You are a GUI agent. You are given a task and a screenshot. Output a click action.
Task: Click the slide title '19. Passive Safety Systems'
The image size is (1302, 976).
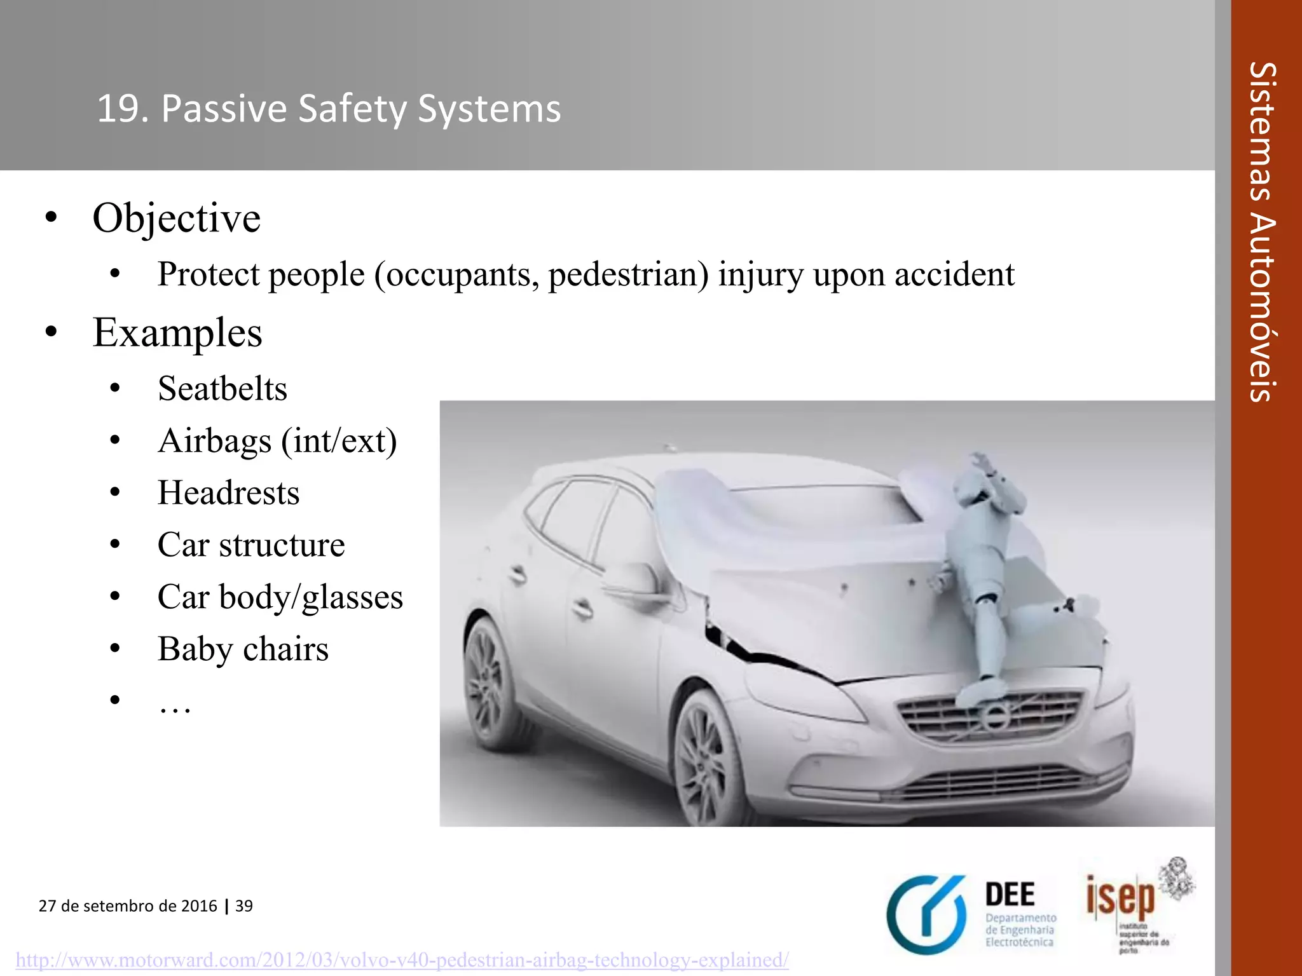(x=329, y=109)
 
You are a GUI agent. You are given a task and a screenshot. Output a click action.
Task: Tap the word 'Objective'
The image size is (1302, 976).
(x=176, y=218)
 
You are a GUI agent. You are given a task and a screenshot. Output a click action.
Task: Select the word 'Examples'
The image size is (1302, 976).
(x=177, y=332)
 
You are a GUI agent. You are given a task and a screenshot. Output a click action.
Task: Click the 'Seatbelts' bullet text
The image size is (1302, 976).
(x=223, y=388)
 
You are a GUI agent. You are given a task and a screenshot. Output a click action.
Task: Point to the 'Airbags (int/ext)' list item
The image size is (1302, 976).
(x=277, y=441)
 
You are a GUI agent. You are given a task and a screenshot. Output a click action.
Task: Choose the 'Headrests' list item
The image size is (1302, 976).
(x=228, y=492)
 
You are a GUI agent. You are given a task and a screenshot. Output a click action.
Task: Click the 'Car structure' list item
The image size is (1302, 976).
(x=251, y=545)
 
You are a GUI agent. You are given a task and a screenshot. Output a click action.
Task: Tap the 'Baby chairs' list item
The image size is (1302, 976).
(x=243, y=649)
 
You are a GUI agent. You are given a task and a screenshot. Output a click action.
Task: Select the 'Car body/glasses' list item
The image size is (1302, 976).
(x=280, y=597)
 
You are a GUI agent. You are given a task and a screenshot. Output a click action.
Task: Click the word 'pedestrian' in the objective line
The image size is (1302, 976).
(x=628, y=274)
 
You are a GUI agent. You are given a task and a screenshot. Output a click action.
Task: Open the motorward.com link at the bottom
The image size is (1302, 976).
(x=402, y=959)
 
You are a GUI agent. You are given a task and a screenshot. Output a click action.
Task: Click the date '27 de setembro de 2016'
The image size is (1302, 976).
(x=128, y=905)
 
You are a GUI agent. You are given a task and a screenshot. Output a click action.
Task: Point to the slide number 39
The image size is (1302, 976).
(x=244, y=905)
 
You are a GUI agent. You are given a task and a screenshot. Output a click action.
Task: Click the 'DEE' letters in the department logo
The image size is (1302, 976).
(x=1010, y=895)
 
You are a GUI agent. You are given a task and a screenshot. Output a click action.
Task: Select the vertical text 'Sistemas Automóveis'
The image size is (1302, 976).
(x=1263, y=232)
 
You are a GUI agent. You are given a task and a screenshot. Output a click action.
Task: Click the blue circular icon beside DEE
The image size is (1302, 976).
(x=926, y=914)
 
